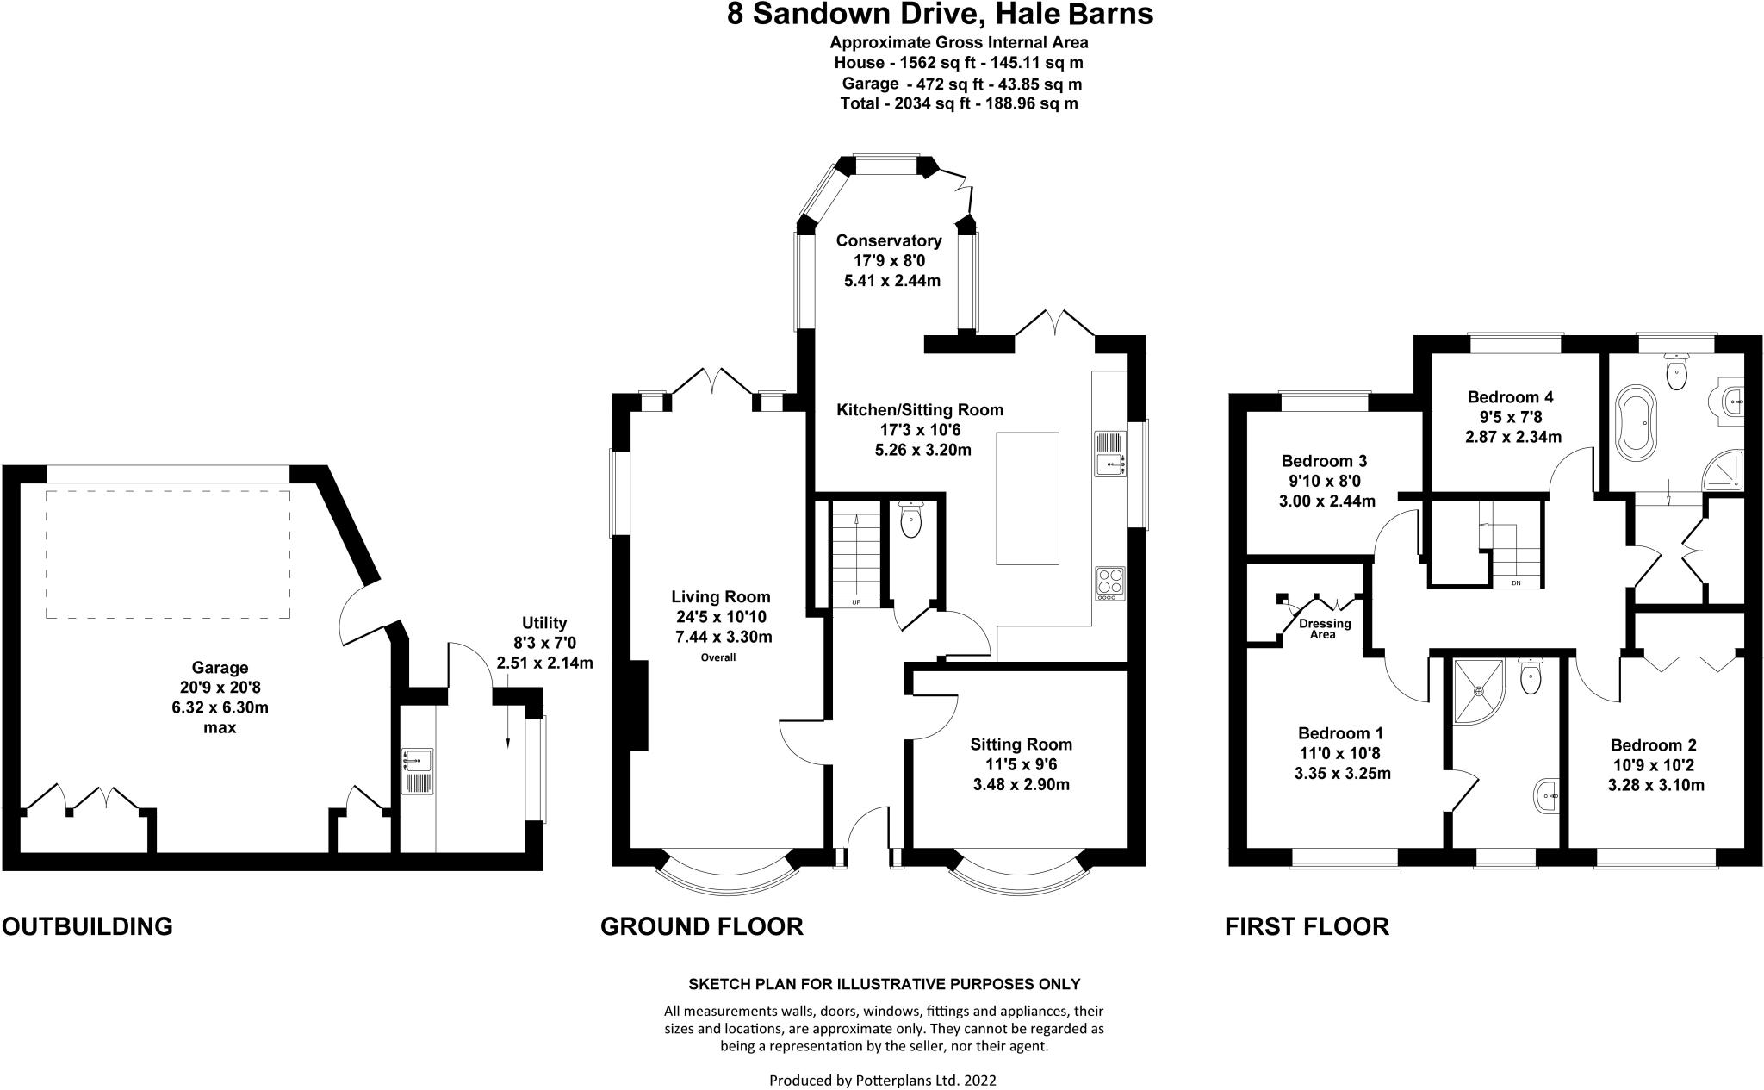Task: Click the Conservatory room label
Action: (x=888, y=240)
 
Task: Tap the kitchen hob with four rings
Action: (x=1110, y=583)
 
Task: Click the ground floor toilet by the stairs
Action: (x=910, y=520)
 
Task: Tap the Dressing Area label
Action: (x=1325, y=629)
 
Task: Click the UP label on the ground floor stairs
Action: (x=856, y=601)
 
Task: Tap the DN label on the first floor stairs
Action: (x=1515, y=583)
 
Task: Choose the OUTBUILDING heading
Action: (x=87, y=926)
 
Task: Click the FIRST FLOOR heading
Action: (x=1307, y=926)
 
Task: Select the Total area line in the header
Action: (x=959, y=103)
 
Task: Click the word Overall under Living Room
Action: (x=717, y=657)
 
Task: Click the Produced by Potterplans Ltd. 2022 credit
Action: (x=882, y=1080)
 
